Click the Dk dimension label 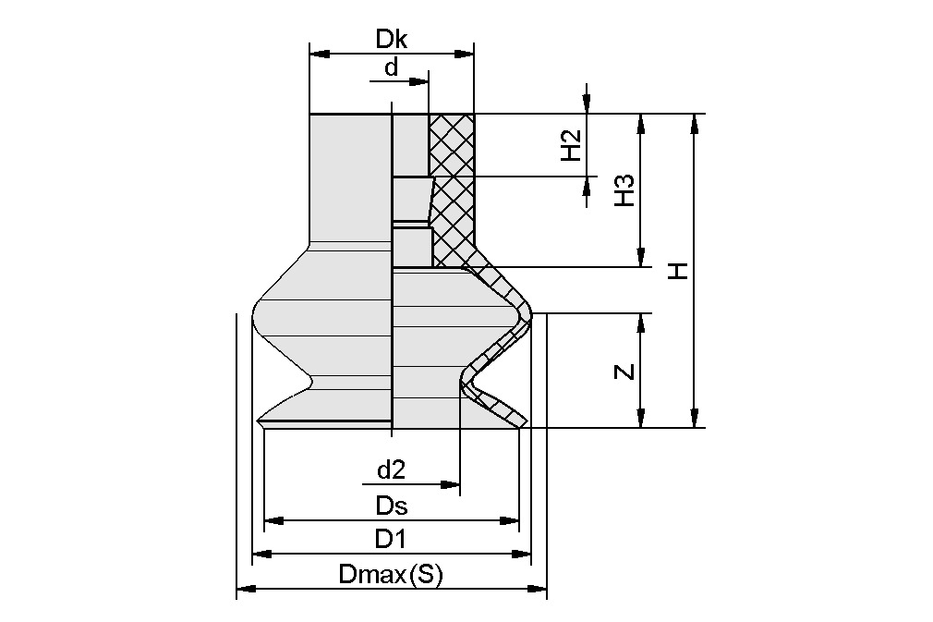[x=392, y=39]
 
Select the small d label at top [x=391, y=67]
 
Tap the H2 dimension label [x=572, y=144]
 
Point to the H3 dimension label [x=625, y=190]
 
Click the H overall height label [x=679, y=271]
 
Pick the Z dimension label [x=625, y=372]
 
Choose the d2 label [x=392, y=470]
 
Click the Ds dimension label [x=392, y=506]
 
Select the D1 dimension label [x=392, y=539]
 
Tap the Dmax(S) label [x=392, y=574]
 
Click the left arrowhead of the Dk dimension [x=315, y=54]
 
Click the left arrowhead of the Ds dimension [x=272, y=520]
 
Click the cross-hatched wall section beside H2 [x=452, y=144]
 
